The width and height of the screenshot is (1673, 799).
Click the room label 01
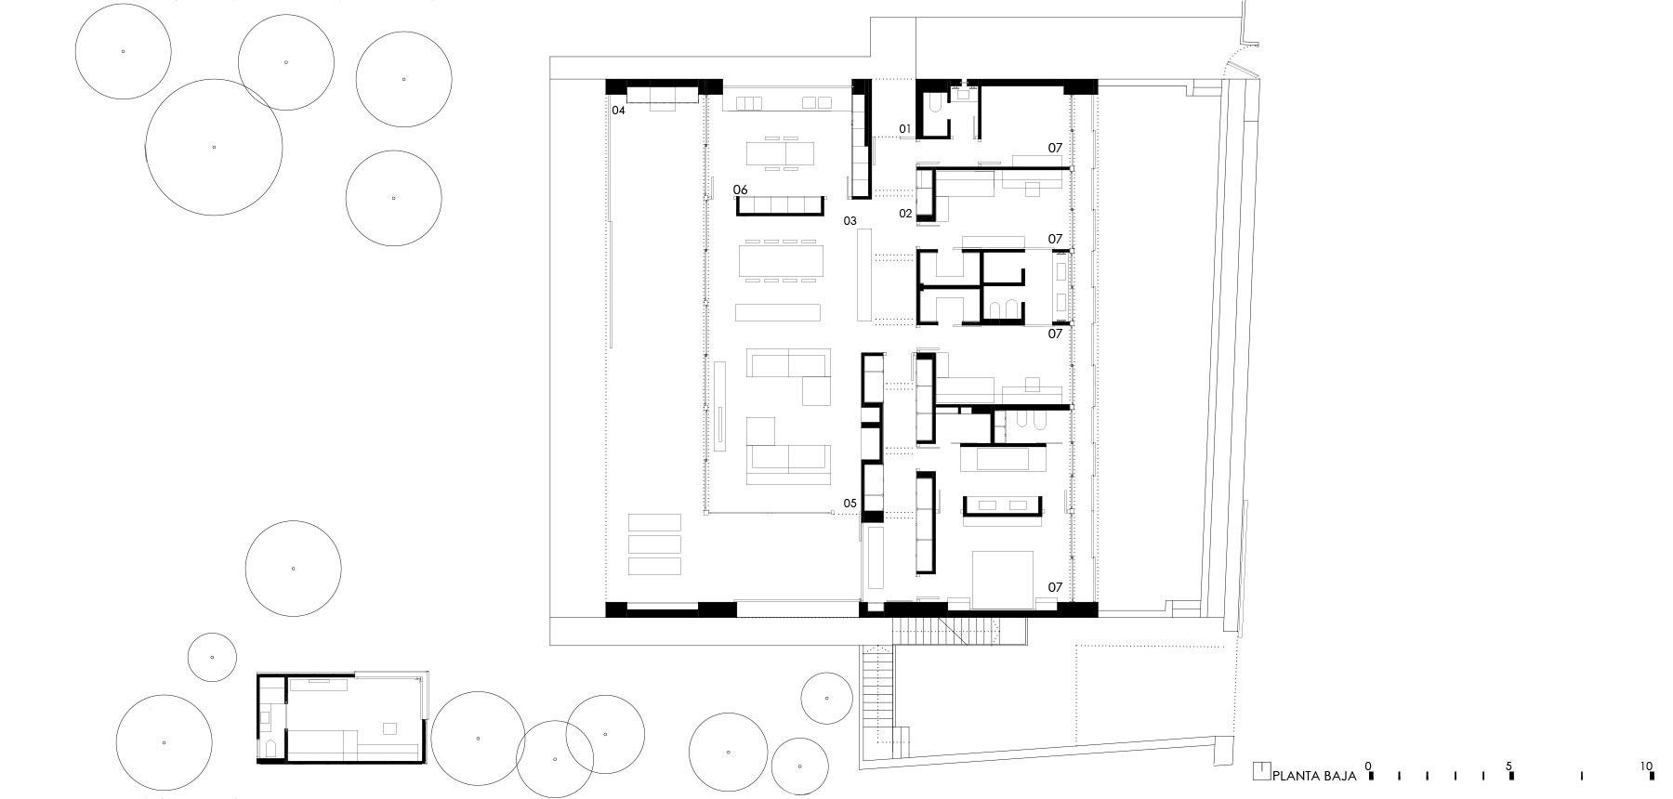point(905,128)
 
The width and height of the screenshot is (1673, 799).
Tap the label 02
point(905,213)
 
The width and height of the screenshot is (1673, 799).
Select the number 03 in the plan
point(850,221)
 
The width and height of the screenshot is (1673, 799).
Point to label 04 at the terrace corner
point(618,110)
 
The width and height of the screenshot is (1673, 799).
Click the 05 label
point(850,504)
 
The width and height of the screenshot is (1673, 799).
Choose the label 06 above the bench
point(741,190)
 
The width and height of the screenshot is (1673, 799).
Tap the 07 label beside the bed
point(1055,587)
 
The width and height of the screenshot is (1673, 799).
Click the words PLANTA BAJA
point(1314,775)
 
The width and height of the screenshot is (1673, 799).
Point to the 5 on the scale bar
point(1509,766)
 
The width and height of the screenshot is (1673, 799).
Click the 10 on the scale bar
point(1647,766)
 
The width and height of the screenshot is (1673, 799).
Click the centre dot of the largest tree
point(214,147)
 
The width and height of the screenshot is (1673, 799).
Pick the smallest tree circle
point(213,657)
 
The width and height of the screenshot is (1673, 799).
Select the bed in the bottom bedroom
point(1003,580)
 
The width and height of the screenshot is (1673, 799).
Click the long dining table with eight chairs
point(782,260)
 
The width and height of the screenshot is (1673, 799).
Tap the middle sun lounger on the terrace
point(654,544)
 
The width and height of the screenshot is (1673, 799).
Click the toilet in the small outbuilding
point(271,749)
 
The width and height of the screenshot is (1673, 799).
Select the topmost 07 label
point(1055,148)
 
